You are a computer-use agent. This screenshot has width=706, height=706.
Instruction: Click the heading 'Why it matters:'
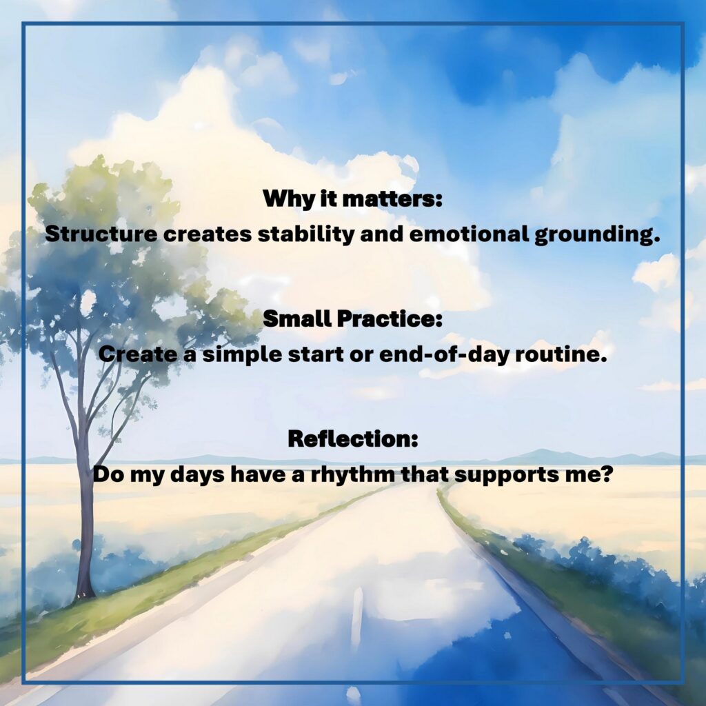pyautogui.click(x=352, y=199)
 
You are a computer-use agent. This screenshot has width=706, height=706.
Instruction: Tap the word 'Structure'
pyautogui.click(x=101, y=234)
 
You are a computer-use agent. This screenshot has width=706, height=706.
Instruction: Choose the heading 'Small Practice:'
pyautogui.click(x=352, y=319)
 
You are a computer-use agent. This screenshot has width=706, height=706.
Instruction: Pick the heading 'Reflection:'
pyautogui.click(x=352, y=439)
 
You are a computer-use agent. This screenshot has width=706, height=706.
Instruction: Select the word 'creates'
pyautogui.click(x=208, y=234)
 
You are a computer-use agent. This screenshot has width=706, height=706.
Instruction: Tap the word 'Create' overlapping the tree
pyautogui.click(x=138, y=354)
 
